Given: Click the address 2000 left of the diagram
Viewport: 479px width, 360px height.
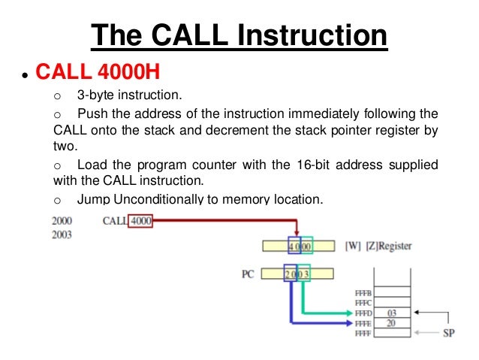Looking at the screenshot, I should (x=64, y=221).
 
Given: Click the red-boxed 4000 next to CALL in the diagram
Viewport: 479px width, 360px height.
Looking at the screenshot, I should (x=140, y=221).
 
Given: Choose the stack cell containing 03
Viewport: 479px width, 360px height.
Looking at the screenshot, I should (x=391, y=312).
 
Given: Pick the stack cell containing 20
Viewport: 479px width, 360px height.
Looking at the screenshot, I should (x=391, y=322).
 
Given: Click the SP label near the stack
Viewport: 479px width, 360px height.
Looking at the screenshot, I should (x=448, y=331).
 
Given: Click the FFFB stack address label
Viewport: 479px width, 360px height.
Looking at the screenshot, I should (x=363, y=292).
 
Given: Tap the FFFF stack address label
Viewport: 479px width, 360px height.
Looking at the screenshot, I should (x=363, y=331).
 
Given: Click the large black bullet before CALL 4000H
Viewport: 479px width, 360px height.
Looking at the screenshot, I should (x=26, y=74).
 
